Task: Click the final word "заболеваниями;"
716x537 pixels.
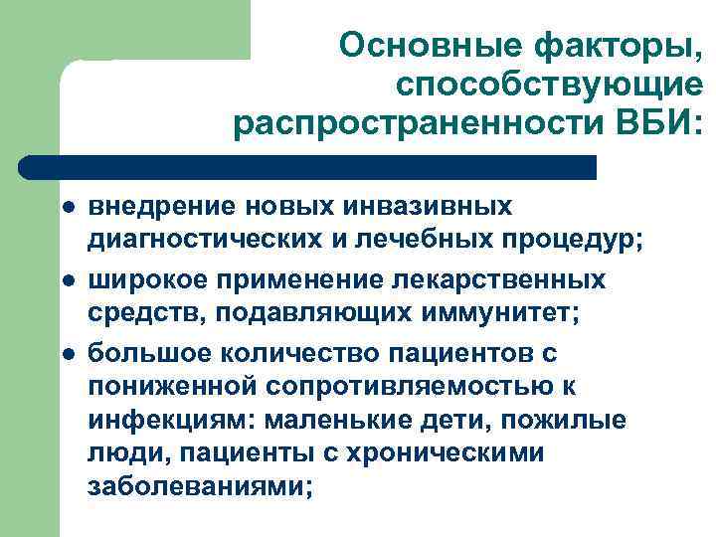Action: click(x=200, y=487)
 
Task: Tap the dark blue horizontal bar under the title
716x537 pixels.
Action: click(x=308, y=166)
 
